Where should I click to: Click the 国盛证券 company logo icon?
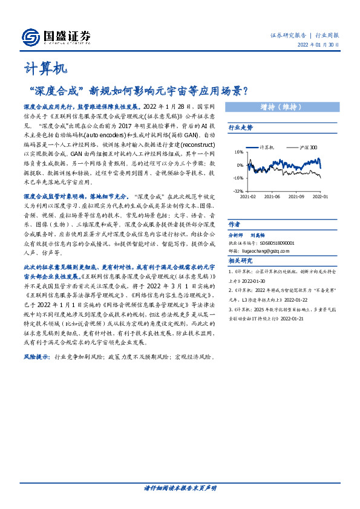pos(31,37)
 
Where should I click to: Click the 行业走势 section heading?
pos(240,128)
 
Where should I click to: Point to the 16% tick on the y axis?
pos(240,152)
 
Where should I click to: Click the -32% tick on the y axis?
pos(238,190)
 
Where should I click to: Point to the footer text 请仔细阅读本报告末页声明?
pos(180,487)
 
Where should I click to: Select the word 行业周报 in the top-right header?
pos(327,35)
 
